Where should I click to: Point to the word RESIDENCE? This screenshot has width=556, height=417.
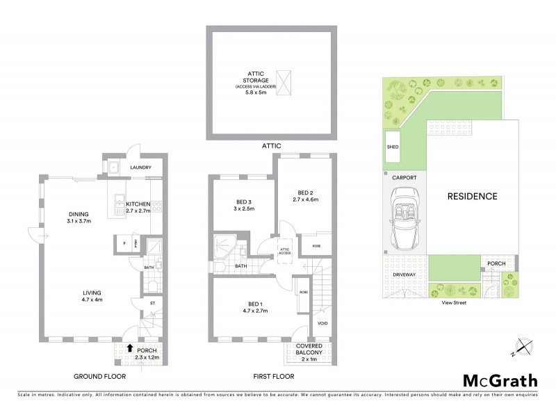click(473, 196)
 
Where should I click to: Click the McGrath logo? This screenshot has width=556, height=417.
click(500, 380)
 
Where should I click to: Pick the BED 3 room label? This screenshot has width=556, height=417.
click(243, 204)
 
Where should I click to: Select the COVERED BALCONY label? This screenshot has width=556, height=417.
click(307, 348)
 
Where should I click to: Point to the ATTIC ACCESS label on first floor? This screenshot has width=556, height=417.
click(284, 250)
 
